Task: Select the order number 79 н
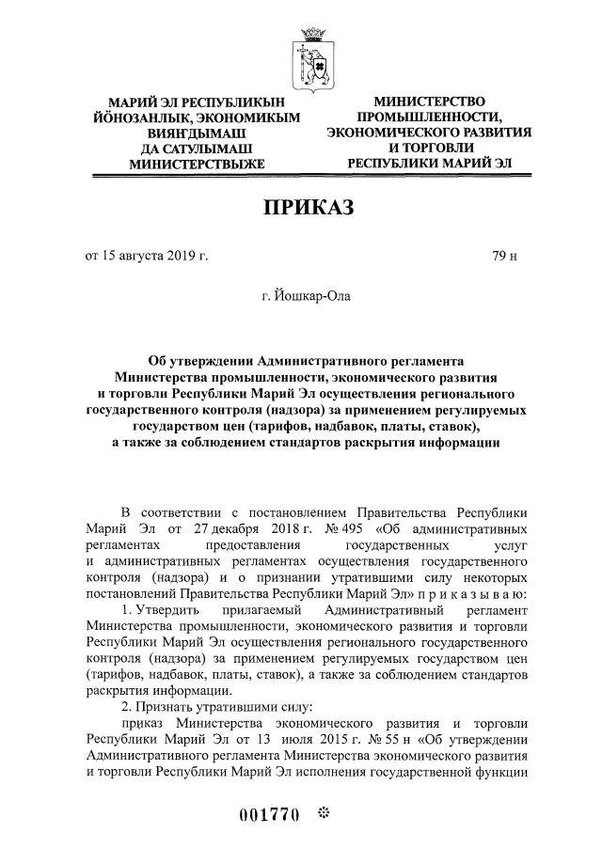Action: [505, 256]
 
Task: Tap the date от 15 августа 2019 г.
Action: [147, 256]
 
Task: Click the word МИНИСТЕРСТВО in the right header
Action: [429, 101]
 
